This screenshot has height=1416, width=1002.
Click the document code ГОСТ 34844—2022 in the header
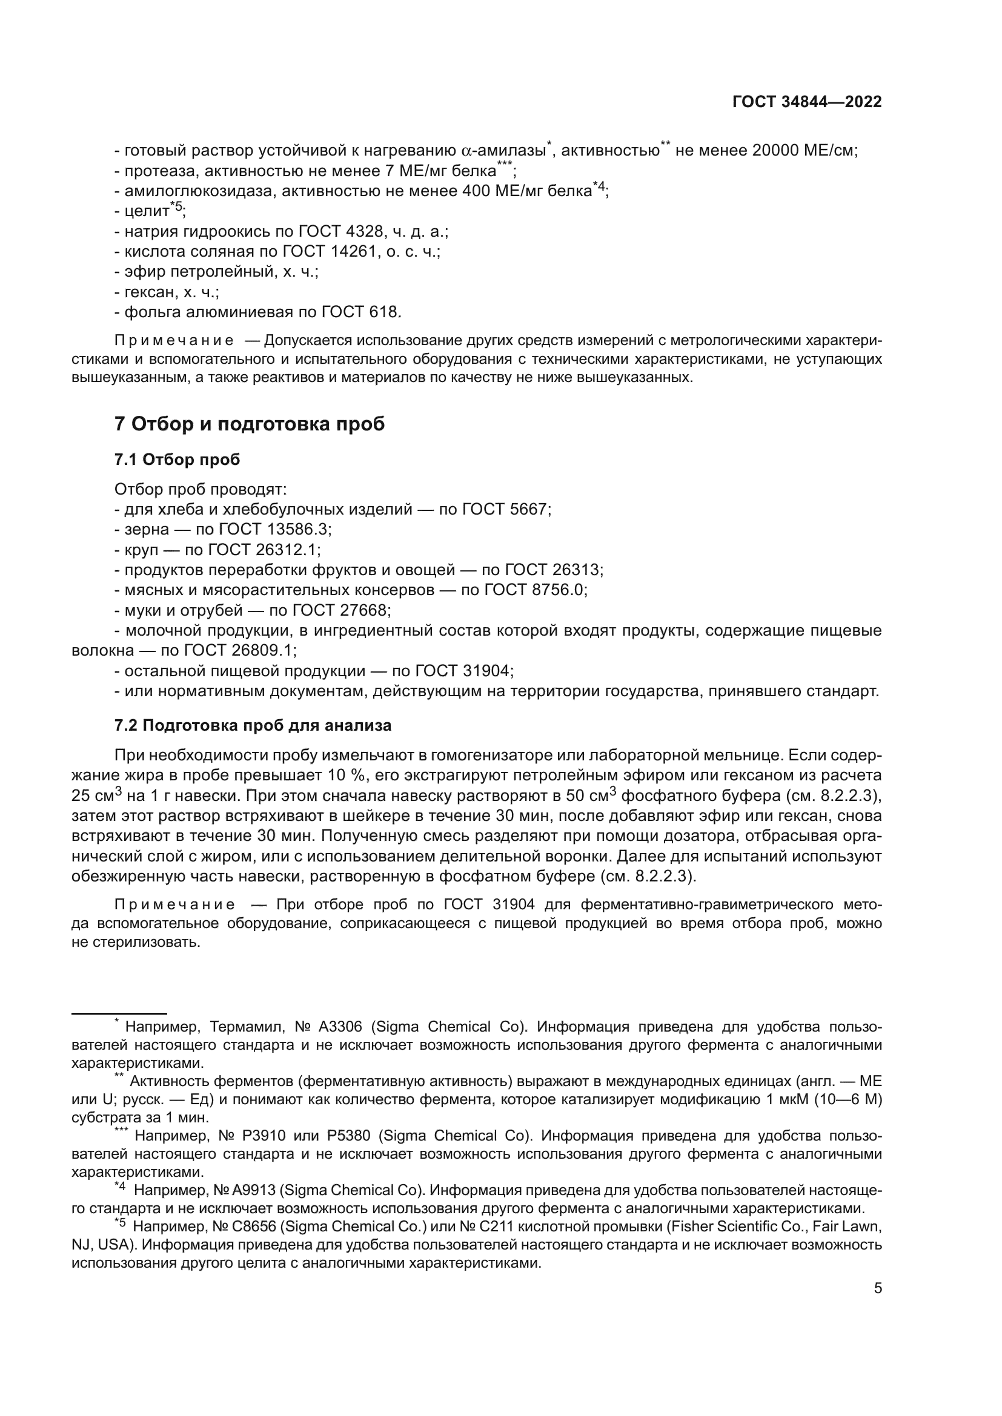[806, 102]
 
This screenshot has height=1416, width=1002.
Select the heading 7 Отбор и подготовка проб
[249, 424]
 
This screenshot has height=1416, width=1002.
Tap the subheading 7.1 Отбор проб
[177, 459]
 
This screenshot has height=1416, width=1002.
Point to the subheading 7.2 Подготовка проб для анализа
[253, 725]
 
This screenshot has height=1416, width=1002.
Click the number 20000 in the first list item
[775, 151]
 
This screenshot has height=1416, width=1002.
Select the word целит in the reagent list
[147, 211]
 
